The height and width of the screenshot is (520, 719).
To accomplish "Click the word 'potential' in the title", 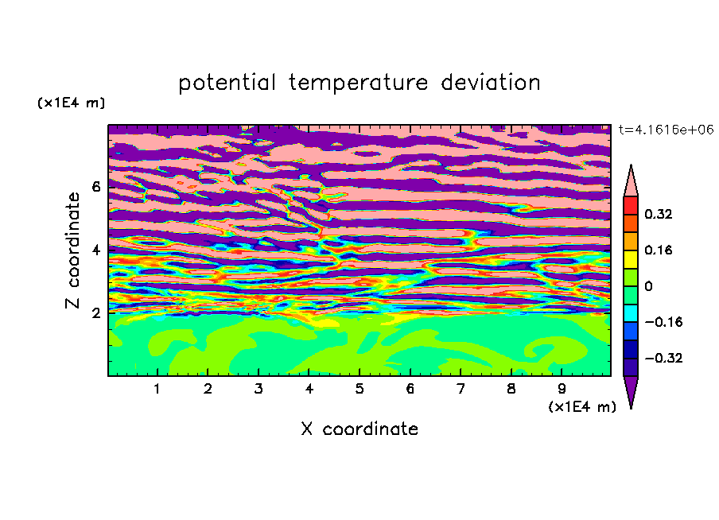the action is (227, 83).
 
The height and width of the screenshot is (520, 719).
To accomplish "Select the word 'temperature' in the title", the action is (359, 83).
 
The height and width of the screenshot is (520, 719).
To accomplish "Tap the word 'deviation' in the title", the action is (491, 83).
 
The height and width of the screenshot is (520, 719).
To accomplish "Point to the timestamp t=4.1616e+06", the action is (666, 130).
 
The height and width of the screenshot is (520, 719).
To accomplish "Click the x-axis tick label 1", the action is (157, 390).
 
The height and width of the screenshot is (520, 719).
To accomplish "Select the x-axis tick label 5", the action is (359, 390).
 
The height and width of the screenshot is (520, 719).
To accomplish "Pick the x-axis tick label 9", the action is (562, 390).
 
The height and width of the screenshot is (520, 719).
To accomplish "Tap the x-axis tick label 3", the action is (258, 390).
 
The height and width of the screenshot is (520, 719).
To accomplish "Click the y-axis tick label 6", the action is (96, 187).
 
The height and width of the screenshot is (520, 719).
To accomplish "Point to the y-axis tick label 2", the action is (96, 312).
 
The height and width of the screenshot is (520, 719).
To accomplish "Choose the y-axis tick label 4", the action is (96, 250).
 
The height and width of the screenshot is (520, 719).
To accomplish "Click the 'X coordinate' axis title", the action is (359, 429).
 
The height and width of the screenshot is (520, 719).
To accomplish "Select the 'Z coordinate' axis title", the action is (72, 250).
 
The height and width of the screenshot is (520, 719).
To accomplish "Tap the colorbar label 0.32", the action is (658, 214).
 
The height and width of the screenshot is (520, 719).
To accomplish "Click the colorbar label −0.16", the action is (663, 322).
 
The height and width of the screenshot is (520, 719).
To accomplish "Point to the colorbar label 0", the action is (648, 286).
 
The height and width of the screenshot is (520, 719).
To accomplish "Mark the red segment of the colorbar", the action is (631, 205).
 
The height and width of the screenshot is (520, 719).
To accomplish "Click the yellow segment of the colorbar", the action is (631, 259).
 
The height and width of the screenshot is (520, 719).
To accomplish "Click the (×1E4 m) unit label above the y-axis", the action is (71, 103).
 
